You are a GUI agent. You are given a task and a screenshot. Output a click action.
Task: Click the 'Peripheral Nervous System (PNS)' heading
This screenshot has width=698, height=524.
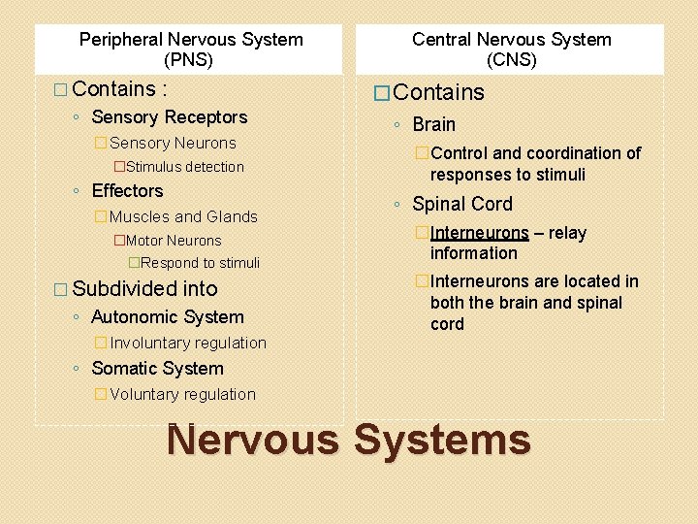[191, 49]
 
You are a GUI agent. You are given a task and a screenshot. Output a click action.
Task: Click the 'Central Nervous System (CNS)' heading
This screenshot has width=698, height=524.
[511, 49]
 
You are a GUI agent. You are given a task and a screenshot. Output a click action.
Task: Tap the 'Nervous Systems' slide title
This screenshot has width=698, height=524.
[349, 441]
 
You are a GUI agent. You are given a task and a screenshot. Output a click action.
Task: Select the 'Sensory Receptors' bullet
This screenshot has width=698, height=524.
[169, 117]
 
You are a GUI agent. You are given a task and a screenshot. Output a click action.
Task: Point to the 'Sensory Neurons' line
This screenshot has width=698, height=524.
[173, 143]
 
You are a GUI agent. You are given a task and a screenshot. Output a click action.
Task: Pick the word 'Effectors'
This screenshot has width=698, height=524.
[127, 191]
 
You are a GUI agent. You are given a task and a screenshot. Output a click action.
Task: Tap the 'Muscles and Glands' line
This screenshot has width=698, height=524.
[183, 216]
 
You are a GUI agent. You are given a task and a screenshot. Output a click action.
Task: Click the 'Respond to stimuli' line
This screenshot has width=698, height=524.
[200, 263]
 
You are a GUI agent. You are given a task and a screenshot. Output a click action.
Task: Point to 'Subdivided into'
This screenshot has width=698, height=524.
[144, 289]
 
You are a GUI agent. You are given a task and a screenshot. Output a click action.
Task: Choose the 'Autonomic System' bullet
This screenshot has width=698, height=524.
[167, 317]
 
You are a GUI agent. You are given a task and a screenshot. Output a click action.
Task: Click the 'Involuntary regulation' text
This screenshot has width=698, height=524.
[187, 343]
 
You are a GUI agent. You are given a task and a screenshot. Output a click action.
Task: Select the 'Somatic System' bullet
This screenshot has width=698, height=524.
[157, 369]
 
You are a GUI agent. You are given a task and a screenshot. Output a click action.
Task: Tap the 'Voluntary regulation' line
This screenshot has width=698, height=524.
[182, 394]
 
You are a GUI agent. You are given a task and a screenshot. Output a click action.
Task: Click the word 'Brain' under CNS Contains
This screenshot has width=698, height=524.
[433, 124]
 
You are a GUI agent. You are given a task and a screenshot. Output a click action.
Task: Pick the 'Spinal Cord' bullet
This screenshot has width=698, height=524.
[461, 204]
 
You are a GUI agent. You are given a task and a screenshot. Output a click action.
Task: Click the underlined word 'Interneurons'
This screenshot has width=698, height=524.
[480, 233]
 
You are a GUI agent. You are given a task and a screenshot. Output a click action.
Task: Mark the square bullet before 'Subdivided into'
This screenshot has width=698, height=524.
[62, 289]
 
